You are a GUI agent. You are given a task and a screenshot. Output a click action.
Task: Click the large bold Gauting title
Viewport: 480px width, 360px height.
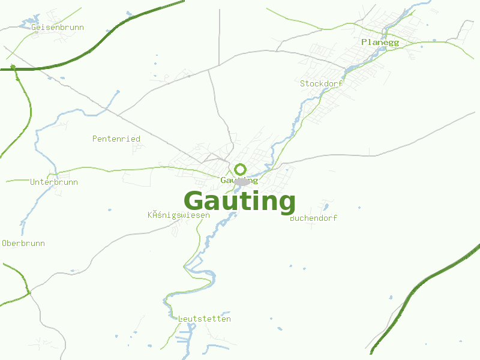point(239,202)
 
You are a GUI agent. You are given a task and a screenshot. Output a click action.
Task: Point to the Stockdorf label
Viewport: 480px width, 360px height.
point(321,83)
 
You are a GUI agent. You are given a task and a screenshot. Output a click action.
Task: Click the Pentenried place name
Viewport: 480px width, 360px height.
point(116,139)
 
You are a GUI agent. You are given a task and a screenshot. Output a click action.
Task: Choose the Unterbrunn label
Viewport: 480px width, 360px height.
point(54,182)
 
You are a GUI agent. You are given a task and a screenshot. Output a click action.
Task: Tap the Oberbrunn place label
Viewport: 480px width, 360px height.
point(23,243)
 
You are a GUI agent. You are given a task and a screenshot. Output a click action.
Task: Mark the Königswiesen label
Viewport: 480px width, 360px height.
point(179,215)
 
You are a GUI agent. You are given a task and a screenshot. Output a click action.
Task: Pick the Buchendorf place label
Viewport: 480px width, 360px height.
point(313,218)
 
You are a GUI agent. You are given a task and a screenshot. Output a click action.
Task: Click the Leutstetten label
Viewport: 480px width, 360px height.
point(205,319)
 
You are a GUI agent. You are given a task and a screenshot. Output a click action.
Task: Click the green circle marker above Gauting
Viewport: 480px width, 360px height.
point(241,169)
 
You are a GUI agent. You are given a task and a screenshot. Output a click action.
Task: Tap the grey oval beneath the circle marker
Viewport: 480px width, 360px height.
point(242,181)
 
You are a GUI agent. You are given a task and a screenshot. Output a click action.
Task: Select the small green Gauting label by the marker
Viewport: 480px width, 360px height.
point(239,180)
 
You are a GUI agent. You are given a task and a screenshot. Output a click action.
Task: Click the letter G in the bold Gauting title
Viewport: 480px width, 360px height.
point(194,201)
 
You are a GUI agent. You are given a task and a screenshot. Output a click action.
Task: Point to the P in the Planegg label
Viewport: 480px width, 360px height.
point(364,42)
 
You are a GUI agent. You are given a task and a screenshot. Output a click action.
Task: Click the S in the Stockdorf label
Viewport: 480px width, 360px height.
point(303,83)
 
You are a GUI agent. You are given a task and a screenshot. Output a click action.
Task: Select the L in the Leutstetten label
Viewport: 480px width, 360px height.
point(181,319)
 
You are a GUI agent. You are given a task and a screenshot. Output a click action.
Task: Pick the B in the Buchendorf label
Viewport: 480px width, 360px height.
point(292,218)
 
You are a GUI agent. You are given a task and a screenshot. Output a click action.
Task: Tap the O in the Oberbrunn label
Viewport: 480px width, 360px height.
point(5,243)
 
